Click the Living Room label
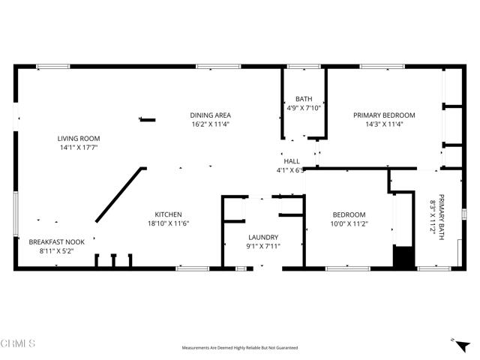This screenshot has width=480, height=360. click(x=79, y=138)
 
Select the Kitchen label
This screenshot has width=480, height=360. click(x=168, y=214)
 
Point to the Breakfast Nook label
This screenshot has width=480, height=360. click(x=57, y=242)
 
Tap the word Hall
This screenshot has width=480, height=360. click(x=292, y=161)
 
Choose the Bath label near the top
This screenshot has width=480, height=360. click(x=303, y=98)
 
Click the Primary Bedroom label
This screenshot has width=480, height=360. click(x=384, y=115)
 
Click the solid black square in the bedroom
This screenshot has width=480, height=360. click(x=403, y=256)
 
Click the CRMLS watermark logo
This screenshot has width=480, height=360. click(x=19, y=344)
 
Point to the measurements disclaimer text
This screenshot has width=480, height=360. click(x=240, y=348)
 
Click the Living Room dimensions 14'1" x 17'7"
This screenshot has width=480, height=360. click(x=79, y=148)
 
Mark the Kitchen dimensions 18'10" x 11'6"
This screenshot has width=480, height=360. click(x=168, y=223)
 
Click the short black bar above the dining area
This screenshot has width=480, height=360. click(x=148, y=118)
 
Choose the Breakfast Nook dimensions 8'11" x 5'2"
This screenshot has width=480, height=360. click(x=57, y=252)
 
